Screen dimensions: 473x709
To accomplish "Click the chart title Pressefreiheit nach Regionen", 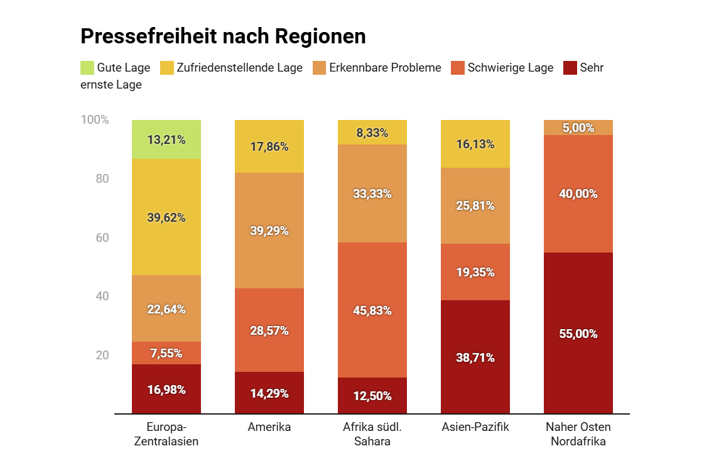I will [223, 36].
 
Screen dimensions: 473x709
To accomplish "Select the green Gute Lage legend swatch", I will [87, 68].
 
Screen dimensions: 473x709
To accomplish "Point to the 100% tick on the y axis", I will [95, 120].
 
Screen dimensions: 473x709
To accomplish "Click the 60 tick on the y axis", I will [102, 237].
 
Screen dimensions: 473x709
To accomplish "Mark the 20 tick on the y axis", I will [102, 355].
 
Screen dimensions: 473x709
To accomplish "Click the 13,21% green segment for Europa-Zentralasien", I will [166, 139].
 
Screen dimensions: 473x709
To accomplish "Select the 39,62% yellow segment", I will [166, 217].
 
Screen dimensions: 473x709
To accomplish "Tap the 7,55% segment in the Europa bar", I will [166, 353].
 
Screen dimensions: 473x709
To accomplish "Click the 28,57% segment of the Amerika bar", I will [269, 330].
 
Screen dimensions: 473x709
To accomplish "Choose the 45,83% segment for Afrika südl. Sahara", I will [372, 310].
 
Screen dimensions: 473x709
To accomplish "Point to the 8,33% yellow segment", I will [372, 133].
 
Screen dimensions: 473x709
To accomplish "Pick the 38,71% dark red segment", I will [475, 357].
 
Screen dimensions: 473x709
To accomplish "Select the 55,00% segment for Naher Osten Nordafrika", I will [578, 334].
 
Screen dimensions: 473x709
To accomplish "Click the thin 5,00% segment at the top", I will [578, 128].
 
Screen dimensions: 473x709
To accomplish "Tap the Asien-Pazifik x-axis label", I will [475, 427].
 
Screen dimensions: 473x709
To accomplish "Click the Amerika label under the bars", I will [269, 427].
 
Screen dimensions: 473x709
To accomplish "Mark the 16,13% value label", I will [475, 144].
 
